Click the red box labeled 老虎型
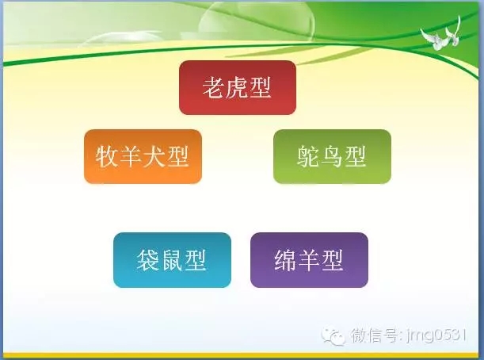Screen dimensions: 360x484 click(x=237, y=87)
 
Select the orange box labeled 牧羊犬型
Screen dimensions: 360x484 click(x=143, y=156)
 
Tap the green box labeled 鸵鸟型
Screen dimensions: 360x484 click(x=332, y=156)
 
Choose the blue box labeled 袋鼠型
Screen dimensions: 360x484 click(x=172, y=260)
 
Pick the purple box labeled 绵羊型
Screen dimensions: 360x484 click(x=309, y=260)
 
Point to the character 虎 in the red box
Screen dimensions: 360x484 click(x=237, y=87)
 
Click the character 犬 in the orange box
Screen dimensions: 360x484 click(x=154, y=156)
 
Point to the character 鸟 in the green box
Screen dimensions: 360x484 click(x=332, y=156)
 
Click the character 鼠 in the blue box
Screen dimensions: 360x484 click(x=172, y=260)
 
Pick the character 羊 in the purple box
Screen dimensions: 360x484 click(x=309, y=260)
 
